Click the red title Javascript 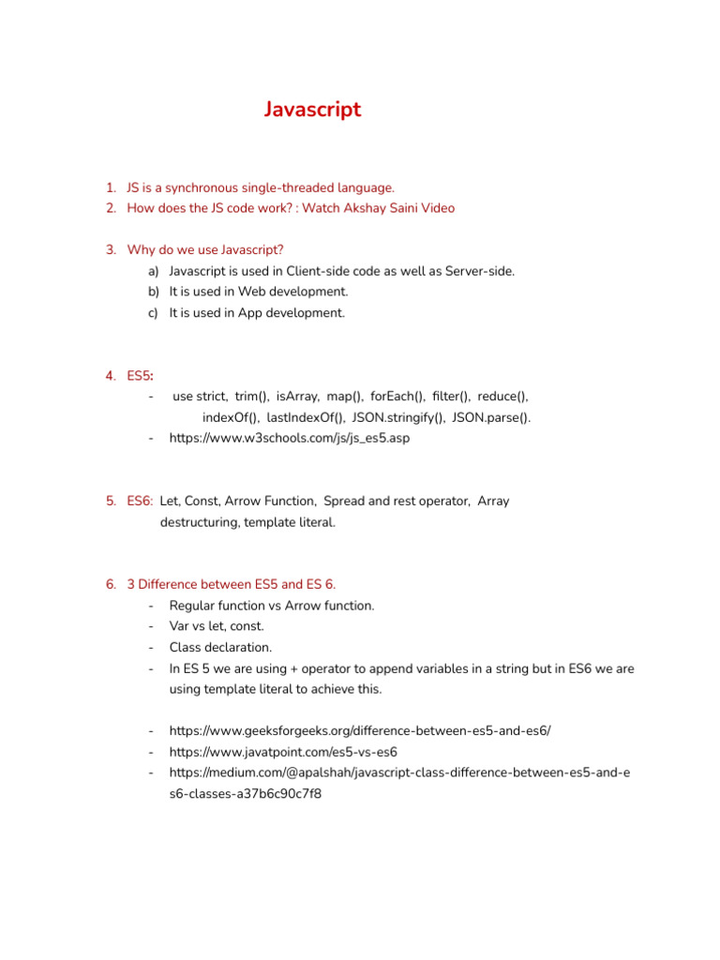tap(312, 110)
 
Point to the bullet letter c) tap(153, 313)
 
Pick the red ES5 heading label tap(140, 376)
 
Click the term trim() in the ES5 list tap(251, 397)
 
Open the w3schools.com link tap(290, 438)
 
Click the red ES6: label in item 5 tap(141, 501)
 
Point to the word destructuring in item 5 tap(199, 522)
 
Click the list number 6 tap(111, 584)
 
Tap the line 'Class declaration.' tap(220, 647)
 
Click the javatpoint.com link tap(283, 751)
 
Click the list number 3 tap(111, 249)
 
